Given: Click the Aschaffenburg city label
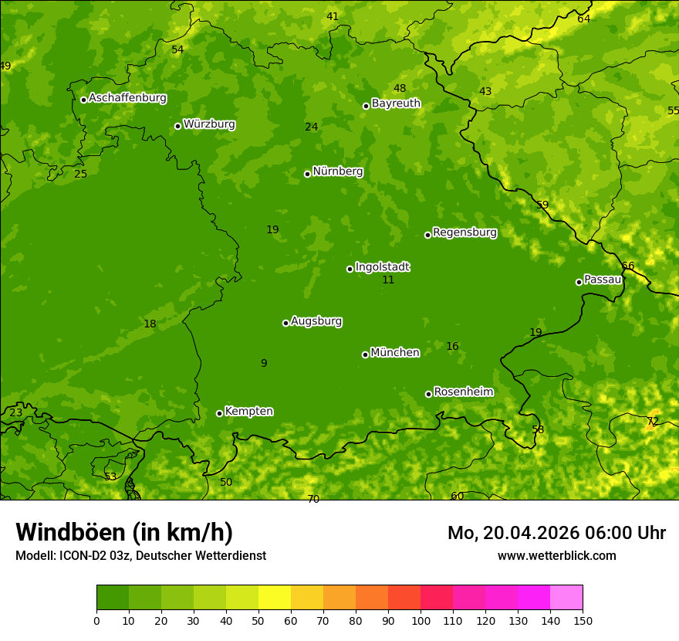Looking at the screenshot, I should click(127, 98).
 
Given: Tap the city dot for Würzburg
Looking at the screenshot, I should click(177, 126).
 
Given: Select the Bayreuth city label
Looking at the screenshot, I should click(396, 103).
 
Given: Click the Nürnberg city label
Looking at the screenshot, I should click(337, 171).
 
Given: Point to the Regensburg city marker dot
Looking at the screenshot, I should click(427, 235).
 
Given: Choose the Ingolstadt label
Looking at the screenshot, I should click(382, 267).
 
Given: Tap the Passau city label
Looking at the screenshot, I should click(603, 280).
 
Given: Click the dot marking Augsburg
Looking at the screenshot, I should click(285, 323).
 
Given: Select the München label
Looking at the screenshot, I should click(395, 353).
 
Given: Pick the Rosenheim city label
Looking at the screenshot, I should click(463, 392).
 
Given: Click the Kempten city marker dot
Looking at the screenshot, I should click(219, 413).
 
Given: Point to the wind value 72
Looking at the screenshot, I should click(653, 422).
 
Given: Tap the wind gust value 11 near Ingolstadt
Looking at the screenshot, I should click(388, 280).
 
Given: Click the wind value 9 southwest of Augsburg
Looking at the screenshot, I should click(264, 363).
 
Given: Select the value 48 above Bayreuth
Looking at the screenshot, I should click(400, 89).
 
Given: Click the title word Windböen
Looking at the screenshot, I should click(70, 532).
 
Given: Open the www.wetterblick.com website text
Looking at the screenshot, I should click(556, 556).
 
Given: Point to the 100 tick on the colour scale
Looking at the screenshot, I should click(421, 620).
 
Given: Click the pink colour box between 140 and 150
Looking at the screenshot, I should click(566, 597).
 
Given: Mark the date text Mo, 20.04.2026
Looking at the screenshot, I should click(513, 533).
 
